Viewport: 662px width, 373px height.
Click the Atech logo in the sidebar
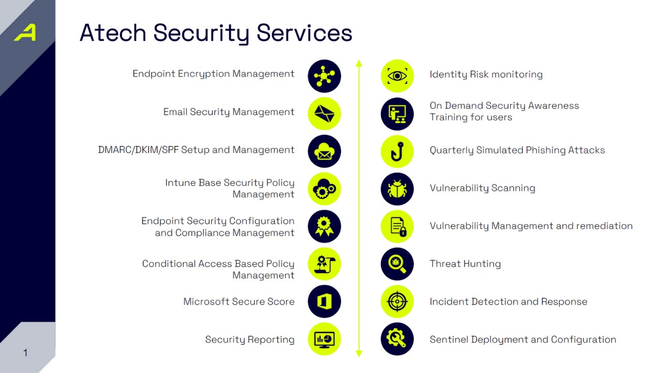pos(25,33)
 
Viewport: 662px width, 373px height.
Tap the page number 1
pos(25,353)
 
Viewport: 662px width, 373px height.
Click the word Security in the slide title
pos(201,33)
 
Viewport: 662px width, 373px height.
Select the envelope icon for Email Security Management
pos(324,113)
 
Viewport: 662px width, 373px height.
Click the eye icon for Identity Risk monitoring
pos(397,76)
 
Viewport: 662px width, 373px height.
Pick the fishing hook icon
pos(397,151)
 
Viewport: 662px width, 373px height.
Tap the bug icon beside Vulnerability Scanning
pos(397,189)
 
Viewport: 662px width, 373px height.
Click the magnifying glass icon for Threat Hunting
pos(397,264)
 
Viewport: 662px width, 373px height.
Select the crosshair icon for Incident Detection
pos(397,302)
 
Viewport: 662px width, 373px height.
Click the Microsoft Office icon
pos(324,302)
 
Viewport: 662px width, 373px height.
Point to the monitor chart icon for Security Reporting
pos(324,339)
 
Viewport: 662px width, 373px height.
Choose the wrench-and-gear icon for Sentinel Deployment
pos(397,339)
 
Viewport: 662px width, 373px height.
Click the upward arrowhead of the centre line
pos(359,63)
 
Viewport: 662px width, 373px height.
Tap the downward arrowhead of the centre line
pos(359,353)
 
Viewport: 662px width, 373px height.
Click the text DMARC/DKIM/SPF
pos(138,150)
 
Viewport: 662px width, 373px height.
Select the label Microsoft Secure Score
pos(239,302)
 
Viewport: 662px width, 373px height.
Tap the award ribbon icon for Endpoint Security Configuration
pos(324,226)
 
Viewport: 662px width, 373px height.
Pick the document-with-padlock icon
pos(397,226)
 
